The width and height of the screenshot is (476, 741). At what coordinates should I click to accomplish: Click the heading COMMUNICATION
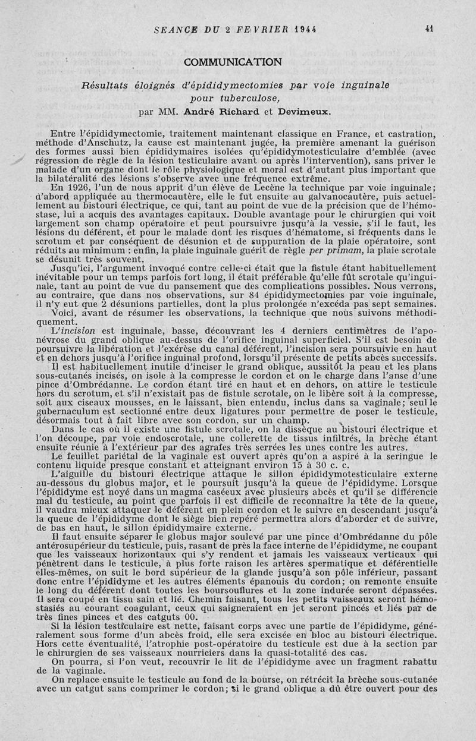pyautogui.click(x=233, y=62)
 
